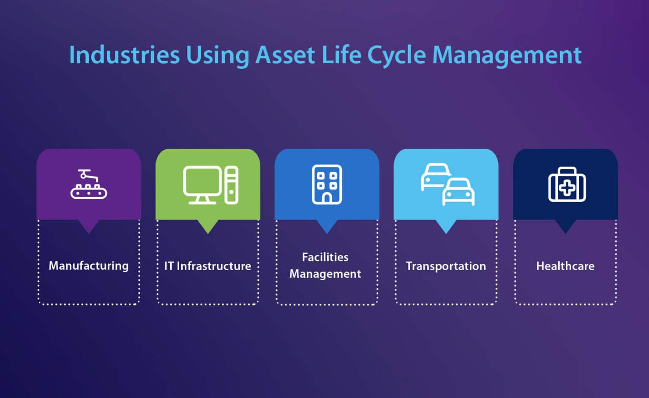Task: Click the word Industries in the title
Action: coord(124,55)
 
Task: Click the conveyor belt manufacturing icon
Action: coord(89,184)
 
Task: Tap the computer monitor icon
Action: coord(202,184)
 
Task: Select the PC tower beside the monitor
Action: coord(231,185)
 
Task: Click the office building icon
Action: coord(327,184)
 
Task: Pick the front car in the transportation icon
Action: coord(458,192)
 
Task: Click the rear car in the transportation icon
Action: coord(434,176)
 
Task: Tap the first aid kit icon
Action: coord(567,185)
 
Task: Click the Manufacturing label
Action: coord(89,265)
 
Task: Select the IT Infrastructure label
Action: coord(207,266)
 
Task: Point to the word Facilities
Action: coord(325,257)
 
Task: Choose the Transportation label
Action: coord(446,266)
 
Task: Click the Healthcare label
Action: coord(565,266)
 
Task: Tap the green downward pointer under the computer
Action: coord(208,226)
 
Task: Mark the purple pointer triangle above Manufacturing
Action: coord(89,226)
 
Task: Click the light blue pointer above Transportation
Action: coord(446,226)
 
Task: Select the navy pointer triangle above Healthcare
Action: coord(565,226)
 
